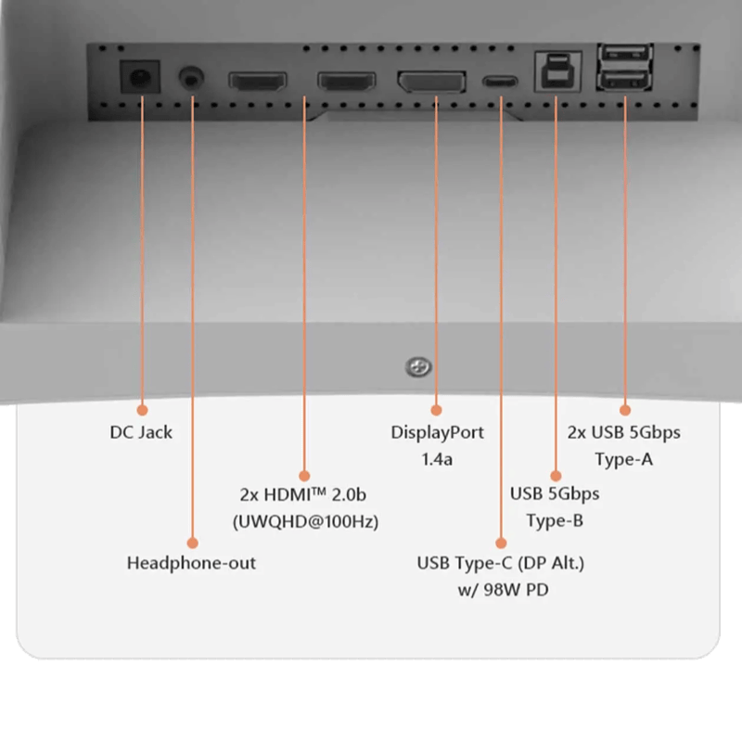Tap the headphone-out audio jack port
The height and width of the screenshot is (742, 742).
pyautogui.click(x=192, y=78)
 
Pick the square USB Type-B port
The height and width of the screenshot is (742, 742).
pyautogui.click(x=555, y=72)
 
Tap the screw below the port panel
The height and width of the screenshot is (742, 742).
pyautogui.click(x=418, y=368)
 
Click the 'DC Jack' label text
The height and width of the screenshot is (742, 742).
pyautogui.click(x=142, y=432)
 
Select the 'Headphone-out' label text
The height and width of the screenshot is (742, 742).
pyautogui.click(x=191, y=563)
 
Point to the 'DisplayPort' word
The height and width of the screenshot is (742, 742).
pyautogui.click(x=438, y=432)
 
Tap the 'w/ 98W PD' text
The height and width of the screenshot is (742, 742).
pyautogui.click(x=500, y=589)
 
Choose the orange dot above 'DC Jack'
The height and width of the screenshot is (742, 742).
pyautogui.click(x=143, y=408)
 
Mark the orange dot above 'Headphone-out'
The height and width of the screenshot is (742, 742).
pyautogui.click(x=192, y=542)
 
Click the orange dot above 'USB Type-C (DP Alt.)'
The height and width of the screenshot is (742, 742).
pyautogui.click(x=500, y=542)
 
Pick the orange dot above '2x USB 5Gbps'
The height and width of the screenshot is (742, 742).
pyautogui.click(x=624, y=408)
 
